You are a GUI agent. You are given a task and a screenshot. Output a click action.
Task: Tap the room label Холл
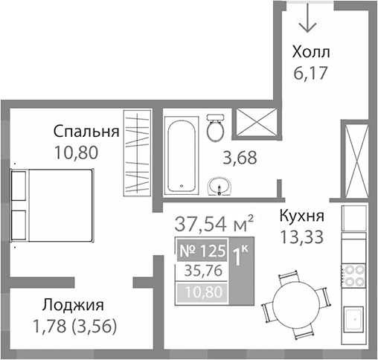click(310, 54)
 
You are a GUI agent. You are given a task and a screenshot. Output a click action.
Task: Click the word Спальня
click(86, 132)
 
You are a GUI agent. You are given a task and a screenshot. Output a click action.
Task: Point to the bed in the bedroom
click(52, 205)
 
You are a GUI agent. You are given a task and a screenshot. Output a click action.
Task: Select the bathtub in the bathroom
click(182, 156)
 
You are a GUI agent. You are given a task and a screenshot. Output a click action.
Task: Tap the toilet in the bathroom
click(217, 129)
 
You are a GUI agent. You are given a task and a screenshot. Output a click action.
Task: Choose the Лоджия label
click(72, 305)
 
